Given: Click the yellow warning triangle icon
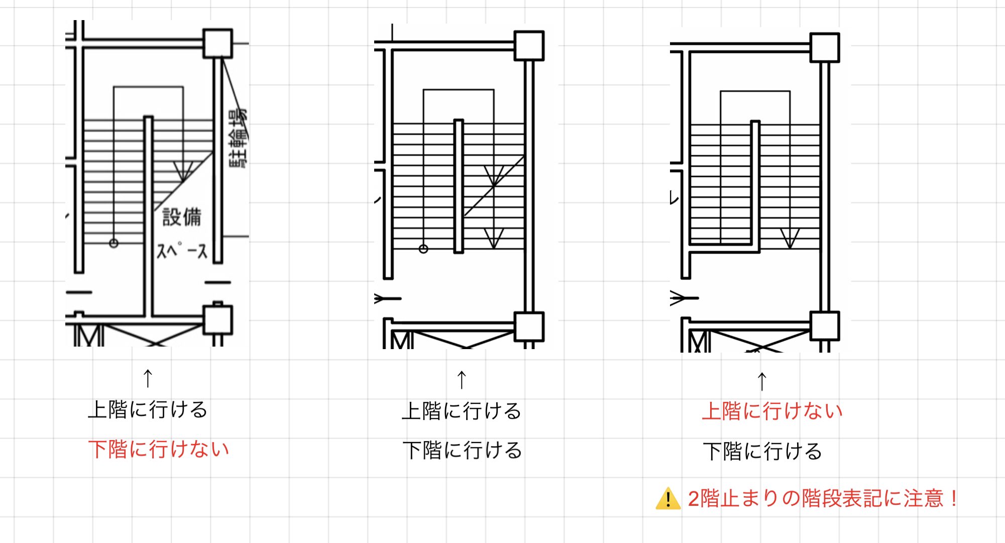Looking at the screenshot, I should pos(668,499).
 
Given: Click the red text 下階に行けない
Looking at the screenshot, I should pos(159,449).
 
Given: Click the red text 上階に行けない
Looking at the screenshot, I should pos(772,411).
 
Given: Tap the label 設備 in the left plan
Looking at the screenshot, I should pos(182,217).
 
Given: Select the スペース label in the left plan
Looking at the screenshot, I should pos(182,250).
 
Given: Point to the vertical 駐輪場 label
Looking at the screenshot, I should pos(238,138).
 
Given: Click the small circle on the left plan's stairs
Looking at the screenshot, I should pos(114,244).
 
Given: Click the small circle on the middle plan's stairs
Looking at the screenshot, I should pos(423,249).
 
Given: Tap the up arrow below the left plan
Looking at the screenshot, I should pos(148,378).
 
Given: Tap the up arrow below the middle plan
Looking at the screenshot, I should pos(462,380).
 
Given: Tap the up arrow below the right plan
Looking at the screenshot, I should pos(762,381).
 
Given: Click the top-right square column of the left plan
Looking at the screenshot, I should pos(217,44).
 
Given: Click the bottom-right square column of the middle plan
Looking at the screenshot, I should pos(529,327).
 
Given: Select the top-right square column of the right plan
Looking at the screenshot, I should pos(825,48).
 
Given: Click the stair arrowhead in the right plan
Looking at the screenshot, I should pos(790,239).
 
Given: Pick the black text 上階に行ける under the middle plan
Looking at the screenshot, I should pos(462,411).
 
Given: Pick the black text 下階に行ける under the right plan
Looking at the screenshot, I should pos(762,451).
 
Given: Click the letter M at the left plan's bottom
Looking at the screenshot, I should pos(89,336).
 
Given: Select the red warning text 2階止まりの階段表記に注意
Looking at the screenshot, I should pos(822,499).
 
